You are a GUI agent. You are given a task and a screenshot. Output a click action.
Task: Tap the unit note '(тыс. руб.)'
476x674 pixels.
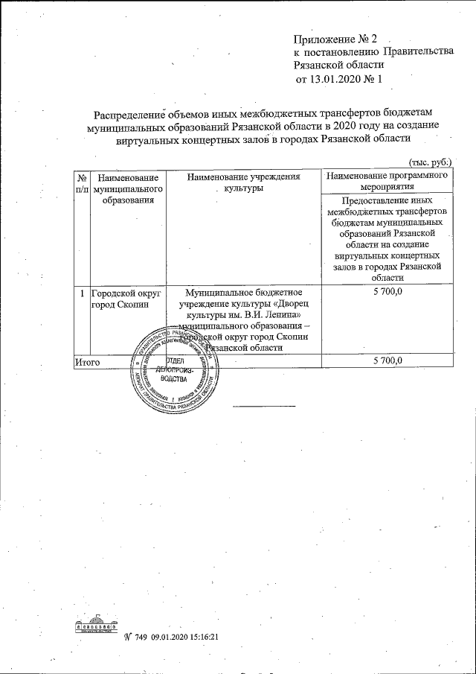[x=430, y=162]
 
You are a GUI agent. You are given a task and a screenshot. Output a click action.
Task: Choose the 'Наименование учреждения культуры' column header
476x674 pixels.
[x=244, y=183]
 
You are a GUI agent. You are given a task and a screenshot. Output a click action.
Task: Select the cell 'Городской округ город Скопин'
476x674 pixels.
[x=120, y=299]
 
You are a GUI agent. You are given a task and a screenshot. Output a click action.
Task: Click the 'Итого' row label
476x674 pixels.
[x=86, y=360]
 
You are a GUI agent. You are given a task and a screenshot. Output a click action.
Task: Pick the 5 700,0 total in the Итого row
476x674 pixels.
[x=386, y=360]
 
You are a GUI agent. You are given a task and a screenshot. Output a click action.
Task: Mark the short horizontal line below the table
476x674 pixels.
[x=265, y=405]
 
